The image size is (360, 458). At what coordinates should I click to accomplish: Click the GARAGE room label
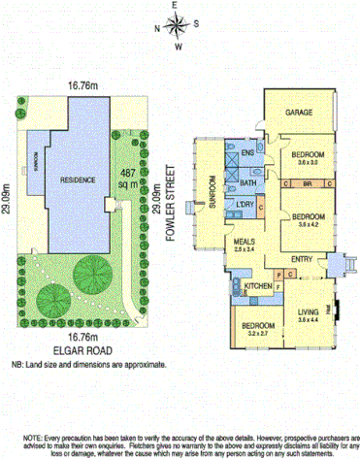coord(299,113)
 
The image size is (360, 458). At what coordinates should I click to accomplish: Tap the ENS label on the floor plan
coord(247,153)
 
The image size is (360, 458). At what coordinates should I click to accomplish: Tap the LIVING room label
coord(308,310)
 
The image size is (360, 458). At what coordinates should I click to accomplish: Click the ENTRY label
coord(302,258)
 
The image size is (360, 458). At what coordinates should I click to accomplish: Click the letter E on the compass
coord(177,6)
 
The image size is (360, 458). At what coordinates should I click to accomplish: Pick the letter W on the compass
coord(178,46)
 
